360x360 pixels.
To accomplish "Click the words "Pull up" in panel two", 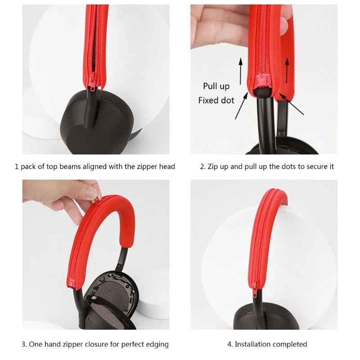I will pyautogui.click(x=216, y=86).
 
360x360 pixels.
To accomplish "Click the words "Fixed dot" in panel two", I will pyautogui.click(x=216, y=100).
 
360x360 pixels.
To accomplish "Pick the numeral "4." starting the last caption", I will pyautogui.click(x=230, y=344).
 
